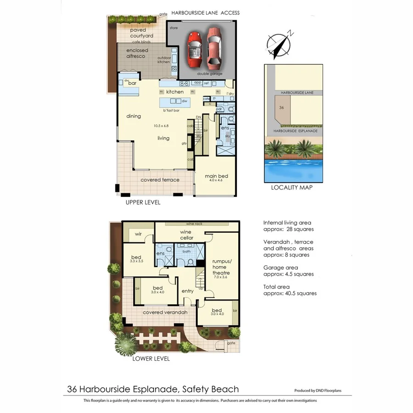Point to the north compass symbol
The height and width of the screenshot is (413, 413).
[x=279, y=45]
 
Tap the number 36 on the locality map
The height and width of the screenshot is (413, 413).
[x=281, y=107]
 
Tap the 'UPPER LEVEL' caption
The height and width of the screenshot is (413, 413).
[x=143, y=202]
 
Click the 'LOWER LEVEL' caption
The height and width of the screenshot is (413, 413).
[x=151, y=358]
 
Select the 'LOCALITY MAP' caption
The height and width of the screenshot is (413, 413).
[x=292, y=187]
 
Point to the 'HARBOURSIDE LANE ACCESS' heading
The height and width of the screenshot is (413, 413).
[x=205, y=13]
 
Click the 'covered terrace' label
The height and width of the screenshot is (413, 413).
[x=160, y=180]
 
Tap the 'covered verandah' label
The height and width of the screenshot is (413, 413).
[x=165, y=313]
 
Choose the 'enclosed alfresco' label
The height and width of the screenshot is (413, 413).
[x=136, y=53]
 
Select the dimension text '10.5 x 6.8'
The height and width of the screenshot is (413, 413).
[x=161, y=126]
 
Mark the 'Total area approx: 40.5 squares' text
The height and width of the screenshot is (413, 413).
[x=290, y=290]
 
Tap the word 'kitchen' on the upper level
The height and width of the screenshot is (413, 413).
[x=175, y=92]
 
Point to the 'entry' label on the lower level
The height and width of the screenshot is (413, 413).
[x=188, y=291]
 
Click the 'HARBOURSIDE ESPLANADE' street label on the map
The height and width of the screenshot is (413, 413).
[x=295, y=131]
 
